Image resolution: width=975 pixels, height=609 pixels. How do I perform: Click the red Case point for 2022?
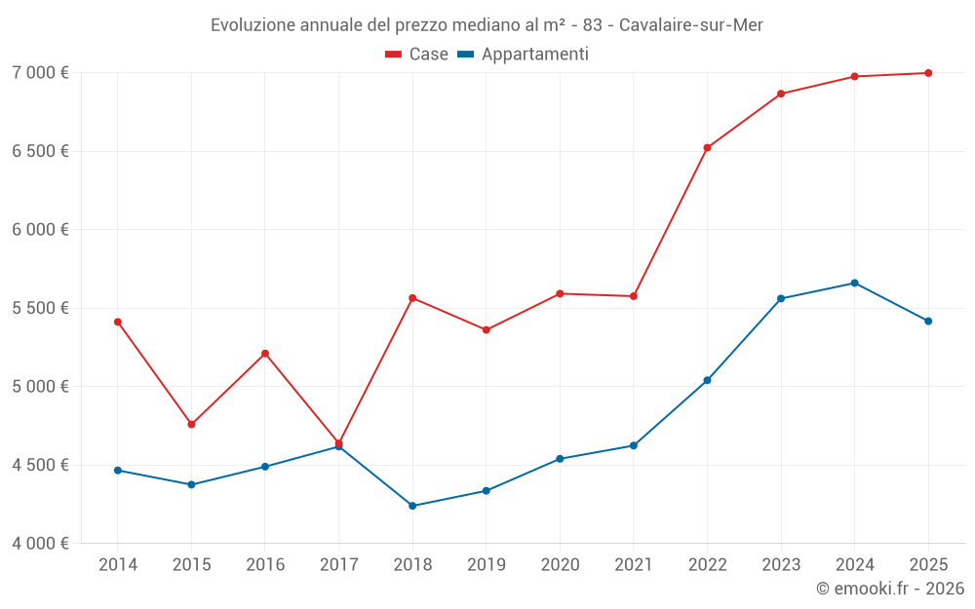point(707,148)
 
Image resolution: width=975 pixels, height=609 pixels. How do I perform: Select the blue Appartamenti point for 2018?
point(412,506)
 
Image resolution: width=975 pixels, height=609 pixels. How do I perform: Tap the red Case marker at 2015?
point(191,425)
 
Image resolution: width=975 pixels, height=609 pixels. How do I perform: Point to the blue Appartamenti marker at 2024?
point(854,284)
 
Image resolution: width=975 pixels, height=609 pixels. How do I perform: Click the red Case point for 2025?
point(928,73)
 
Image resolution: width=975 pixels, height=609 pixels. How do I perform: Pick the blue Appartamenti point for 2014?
point(118,471)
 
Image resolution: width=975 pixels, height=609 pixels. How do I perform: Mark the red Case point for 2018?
point(412,298)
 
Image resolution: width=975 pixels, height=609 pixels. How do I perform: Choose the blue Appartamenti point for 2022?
point(707,380)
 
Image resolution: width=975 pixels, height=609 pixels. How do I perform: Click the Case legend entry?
point(417,55)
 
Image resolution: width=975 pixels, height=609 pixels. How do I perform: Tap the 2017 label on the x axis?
point(338,564)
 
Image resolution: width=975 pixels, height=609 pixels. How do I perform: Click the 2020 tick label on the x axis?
point(560,564)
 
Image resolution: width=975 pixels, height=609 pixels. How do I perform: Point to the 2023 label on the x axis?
point(781,564)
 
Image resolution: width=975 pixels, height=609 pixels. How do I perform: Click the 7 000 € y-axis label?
point(40,73)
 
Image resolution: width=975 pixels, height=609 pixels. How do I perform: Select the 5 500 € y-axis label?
point(40,308)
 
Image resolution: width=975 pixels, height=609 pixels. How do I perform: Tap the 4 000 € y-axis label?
point(40,543)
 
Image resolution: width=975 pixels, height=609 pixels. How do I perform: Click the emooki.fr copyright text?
point(889,589)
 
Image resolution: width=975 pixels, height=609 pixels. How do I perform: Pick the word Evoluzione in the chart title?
point(252,24)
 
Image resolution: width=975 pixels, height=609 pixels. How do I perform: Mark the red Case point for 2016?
point(265,354)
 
